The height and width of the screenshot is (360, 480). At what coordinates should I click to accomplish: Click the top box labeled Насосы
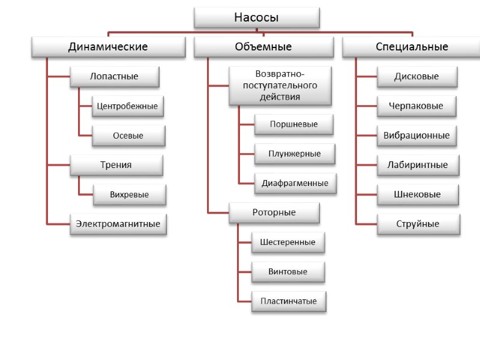[x=256, y=17]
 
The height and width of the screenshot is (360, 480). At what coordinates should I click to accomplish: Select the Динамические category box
[x=108, y=47]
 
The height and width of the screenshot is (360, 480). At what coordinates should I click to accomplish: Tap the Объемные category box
[x=263, y=47]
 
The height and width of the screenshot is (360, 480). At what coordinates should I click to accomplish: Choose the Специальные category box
[x=412, y=47]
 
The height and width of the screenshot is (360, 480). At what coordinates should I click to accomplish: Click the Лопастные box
[x=114, y=76]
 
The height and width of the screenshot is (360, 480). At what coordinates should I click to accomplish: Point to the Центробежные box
[x=127, y=106]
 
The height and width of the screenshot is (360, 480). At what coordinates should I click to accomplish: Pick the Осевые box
[x=128, y=136]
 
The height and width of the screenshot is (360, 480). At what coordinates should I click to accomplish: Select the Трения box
[x=116, y=165]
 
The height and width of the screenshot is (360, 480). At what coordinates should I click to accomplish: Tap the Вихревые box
[x=129, y=194]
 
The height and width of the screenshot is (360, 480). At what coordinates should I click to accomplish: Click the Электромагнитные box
[x=118, y=224]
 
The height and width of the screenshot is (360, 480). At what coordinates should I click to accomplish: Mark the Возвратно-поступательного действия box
[x=280, y=85]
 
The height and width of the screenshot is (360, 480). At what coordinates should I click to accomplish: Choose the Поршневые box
[x=294, y=124]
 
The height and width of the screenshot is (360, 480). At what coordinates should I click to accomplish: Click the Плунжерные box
[x=295, y=154]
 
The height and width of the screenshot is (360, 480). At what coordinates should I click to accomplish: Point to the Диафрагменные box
[x=295, y=183]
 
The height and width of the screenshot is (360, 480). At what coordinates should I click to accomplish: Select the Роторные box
[x=274, y=212]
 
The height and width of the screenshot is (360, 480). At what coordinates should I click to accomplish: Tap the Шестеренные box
[x=288, y=242]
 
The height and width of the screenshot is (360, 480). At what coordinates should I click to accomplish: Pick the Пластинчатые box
[x=289, y=301]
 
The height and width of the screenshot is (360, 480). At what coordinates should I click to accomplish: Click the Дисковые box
[x=417, y=76]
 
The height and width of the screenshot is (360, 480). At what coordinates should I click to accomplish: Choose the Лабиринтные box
[x=418, y=165]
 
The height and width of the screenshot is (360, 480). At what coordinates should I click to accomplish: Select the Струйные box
[x=418, y=224]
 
